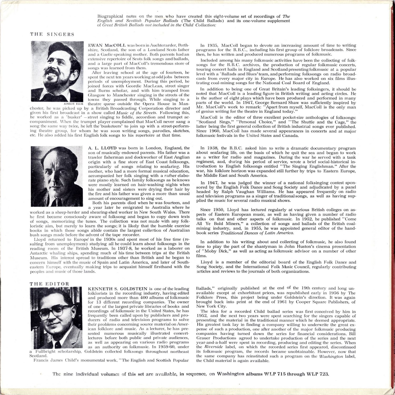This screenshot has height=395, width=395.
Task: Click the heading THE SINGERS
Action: pyautogui.click(x=52, y=34)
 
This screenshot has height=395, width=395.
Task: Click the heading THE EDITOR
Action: pyautogui.click(x=50, y=284)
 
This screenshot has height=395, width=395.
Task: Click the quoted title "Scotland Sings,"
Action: pyautogui.click(x=210, y=122)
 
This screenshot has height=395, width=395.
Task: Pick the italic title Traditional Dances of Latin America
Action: pyautogui.click(x=257, y=233)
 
